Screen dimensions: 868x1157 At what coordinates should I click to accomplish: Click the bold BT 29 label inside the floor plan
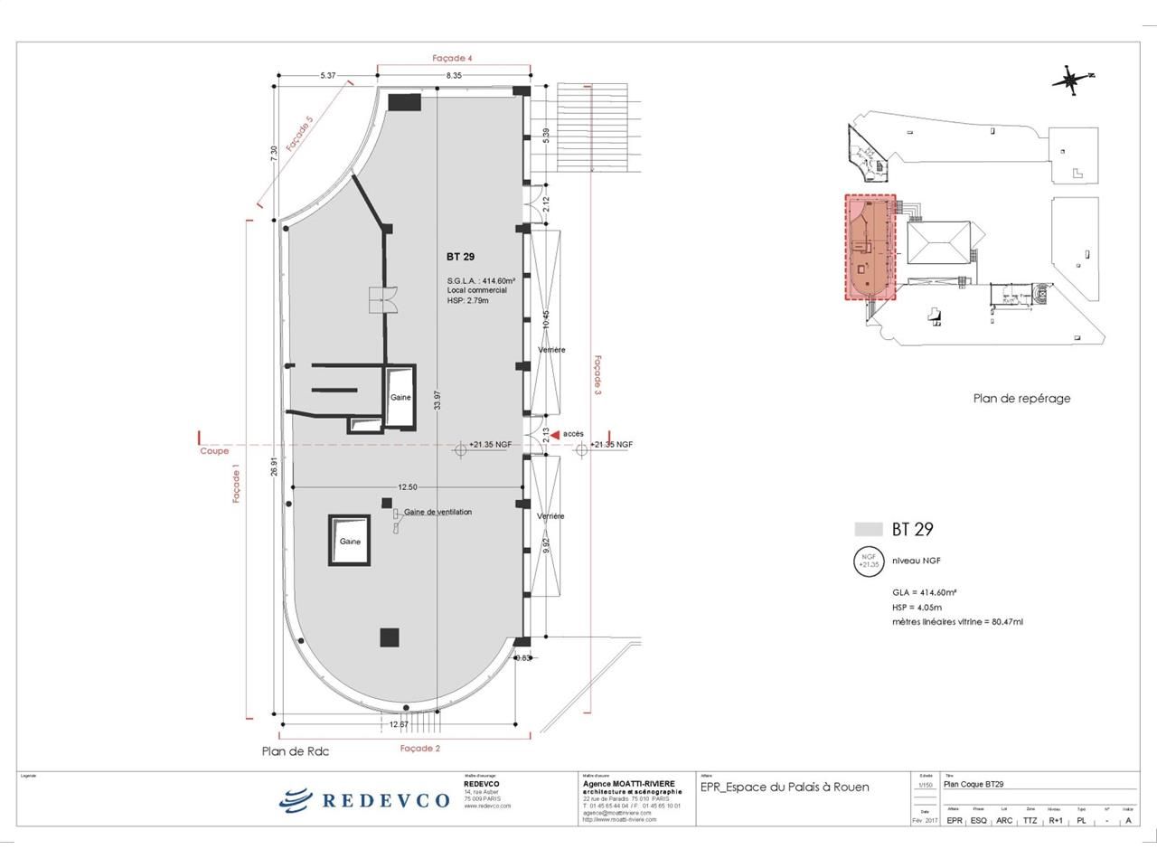pyautogui.click(x=461, y=257)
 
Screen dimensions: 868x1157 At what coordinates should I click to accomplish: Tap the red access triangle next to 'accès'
pyautogui.click(x=555, y=434)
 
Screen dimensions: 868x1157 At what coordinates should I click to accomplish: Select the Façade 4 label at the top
pyautogui.click(x=453, y=58)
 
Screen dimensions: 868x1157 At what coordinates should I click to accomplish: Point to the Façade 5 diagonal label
pyautogui.click(x=299, y=134)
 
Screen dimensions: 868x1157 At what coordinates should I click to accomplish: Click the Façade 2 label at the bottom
pyautogui.click(x=420, y=749)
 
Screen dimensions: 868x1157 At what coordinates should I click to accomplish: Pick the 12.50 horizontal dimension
pyautogui.click(x=407, y=487)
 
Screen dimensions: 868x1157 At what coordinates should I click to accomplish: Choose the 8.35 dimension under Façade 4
pyautogui.click(x=454, y=76)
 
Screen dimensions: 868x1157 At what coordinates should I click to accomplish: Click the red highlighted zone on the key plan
pyautogui.click(x=869, y=246)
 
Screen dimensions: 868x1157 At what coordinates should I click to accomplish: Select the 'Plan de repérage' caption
pyautogui.click(x=1021, y=398)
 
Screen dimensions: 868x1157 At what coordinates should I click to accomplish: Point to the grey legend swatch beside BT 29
pyautogui.click(x=868, y=530)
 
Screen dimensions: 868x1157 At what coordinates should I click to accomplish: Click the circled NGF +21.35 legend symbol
pyautogui.click(x=869, y=561)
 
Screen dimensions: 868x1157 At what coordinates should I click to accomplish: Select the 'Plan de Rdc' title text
pyautogui.click(x=296, y=750)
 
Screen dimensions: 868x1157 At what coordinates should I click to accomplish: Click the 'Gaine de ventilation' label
pyautogui.click(x=437, y=513)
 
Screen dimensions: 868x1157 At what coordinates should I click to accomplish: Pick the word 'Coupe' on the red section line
pyautogui.click(x=214, y=450)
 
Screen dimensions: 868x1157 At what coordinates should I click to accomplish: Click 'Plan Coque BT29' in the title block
pyautogui.click(x=974, y=785)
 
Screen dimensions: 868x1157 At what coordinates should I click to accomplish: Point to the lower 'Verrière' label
pyautogui.click(x=550, y=516)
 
